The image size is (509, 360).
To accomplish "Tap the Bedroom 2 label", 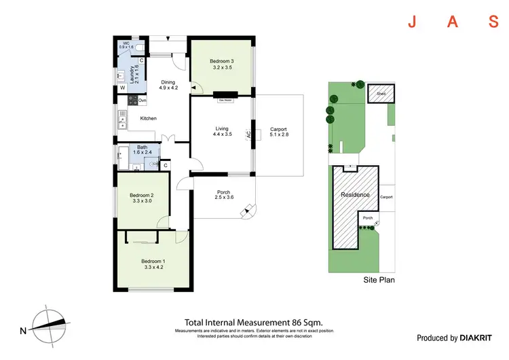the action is pyautogui.click(x=143, y=196).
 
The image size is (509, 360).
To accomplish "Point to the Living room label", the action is pyautogui.click(x=223, y=128).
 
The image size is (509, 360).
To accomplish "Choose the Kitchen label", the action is pyautogui.click(x=148, y=118).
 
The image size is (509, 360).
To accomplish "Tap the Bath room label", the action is pyautogui.click(x=143, y=147).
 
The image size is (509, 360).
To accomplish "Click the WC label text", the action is pyautogui.click(x=126, y=44).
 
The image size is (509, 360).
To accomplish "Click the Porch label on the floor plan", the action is pyautogui.click(x=223, y=192).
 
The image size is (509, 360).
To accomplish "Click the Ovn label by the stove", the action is pyautogui.click(x=143, y=101).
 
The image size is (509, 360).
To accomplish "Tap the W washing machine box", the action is pyautogui.click(x=123, y=88).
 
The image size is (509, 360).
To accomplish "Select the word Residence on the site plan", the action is pyautogui.click(x=355, y=195).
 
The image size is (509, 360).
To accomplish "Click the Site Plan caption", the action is pyautogui.click(x=378, y=279).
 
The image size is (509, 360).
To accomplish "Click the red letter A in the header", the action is pyautogui.click(x=452, y=22).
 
